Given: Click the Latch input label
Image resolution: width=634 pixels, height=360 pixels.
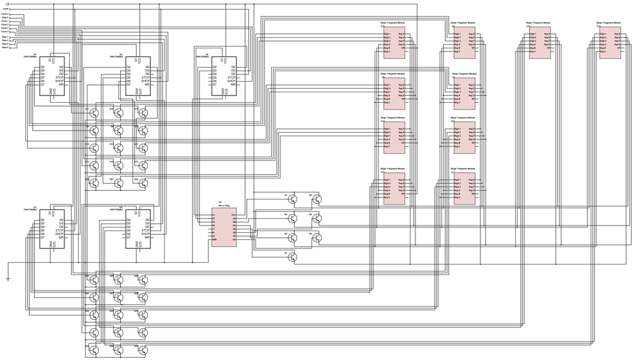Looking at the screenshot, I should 6,9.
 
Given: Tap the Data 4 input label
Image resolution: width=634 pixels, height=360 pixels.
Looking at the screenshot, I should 5,47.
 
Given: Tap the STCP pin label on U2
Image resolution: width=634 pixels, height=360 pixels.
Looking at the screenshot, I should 145,77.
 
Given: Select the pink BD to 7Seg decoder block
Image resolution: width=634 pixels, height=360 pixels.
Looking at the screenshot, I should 224,228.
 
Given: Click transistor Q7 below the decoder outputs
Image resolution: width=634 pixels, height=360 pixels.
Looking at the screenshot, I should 292,257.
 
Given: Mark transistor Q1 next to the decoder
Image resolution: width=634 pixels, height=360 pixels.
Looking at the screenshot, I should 292,199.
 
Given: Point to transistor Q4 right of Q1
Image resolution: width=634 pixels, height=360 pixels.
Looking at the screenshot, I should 317,199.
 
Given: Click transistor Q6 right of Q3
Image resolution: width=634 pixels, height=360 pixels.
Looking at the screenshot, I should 317,237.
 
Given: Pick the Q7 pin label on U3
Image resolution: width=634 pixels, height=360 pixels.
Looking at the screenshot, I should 43,237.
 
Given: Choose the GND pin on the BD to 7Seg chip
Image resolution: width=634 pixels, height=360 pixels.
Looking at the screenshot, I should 214,240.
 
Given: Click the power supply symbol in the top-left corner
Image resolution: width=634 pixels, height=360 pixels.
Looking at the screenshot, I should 7,4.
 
